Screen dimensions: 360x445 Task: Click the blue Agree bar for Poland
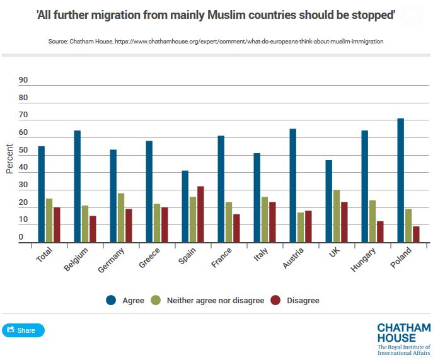pyautogui.click(x=400, y=180)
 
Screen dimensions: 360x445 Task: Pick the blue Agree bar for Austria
pyautogui.click(x=292, y=185)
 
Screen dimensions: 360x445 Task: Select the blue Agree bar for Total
pyautogui.click(x=41, y=194)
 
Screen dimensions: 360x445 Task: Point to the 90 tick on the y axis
pyautogui.click(x=24, y=80)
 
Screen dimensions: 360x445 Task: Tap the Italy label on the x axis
pyautogui.click(x=260, y=256)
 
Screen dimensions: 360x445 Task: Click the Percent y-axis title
pyautogui.click(x=9, y=159)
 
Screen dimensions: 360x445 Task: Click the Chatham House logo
pyautogui.click(x=403, y=339)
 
